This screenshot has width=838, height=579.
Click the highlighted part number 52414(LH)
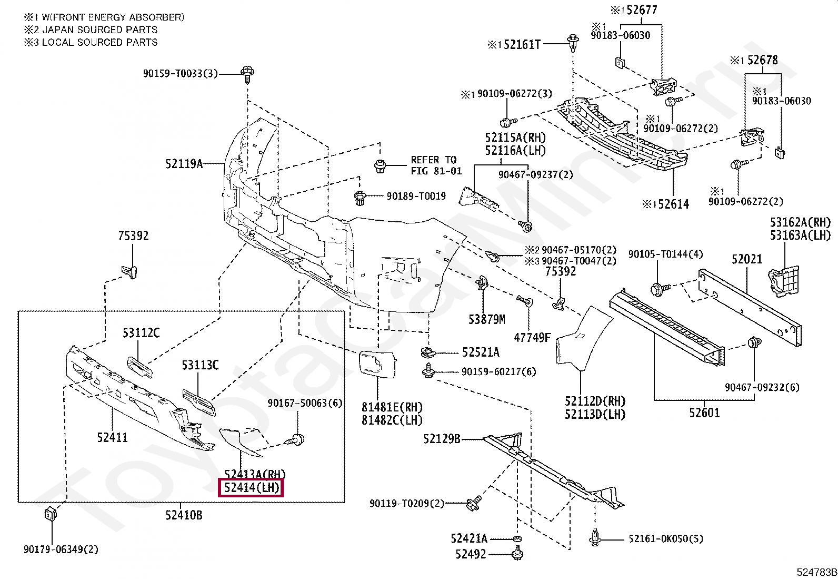point(251,488)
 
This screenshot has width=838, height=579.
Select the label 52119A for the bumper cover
point(184,164)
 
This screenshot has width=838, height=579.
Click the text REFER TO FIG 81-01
point(436,165)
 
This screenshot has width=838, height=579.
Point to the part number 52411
point(112,437)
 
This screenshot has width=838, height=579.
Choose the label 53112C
point(141,333)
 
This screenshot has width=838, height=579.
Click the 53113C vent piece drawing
point(199,403)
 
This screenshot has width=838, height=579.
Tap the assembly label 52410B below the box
point(183,515)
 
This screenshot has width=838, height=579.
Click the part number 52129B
point(442,439)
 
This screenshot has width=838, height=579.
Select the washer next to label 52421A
point(517,539)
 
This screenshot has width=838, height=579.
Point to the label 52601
point(704,413)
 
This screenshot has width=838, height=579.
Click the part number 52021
point(746,259)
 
